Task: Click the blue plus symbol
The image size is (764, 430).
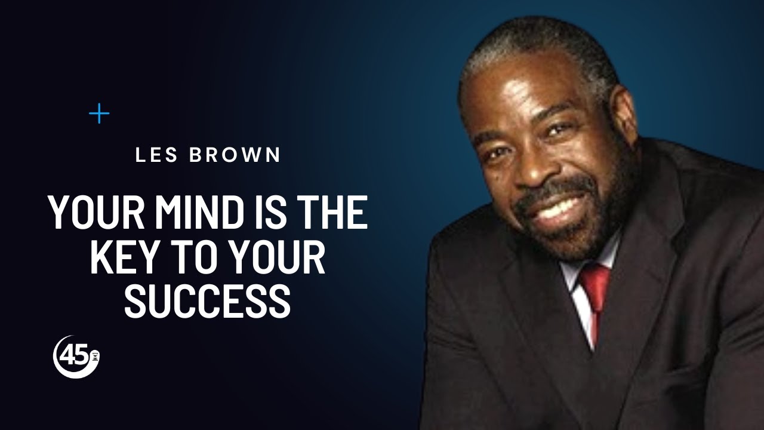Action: coord(99,113)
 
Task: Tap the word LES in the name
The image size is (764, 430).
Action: coord(157,155)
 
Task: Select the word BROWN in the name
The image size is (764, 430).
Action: coord(235,155)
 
